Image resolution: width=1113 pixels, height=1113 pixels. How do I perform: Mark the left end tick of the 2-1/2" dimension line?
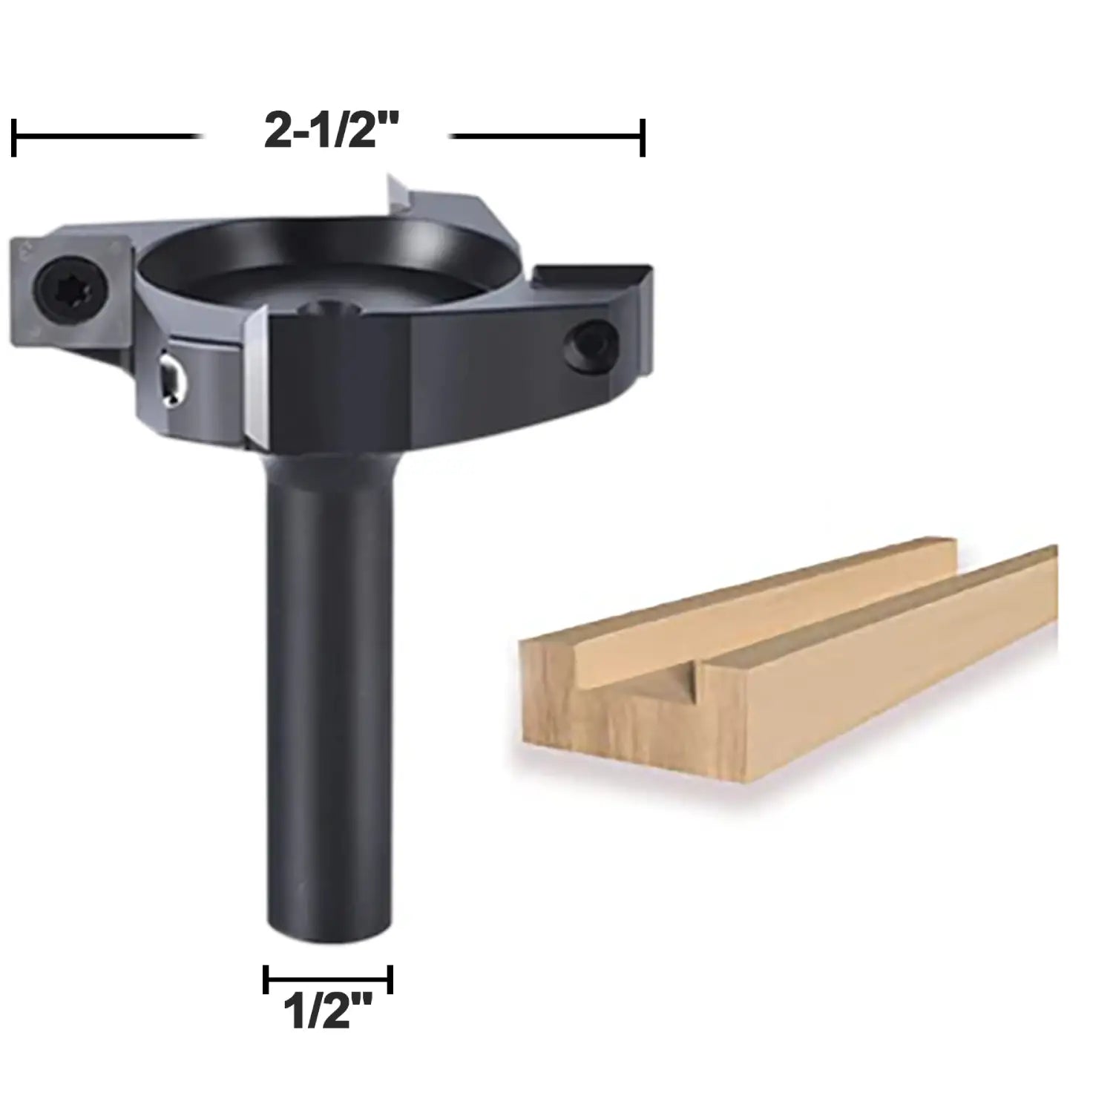(x=14, y=137)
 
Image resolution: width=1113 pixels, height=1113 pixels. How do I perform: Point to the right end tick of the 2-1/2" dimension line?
(x=643, y=137)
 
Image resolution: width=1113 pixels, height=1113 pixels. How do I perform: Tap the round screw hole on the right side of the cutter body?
(x=590, y=344)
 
